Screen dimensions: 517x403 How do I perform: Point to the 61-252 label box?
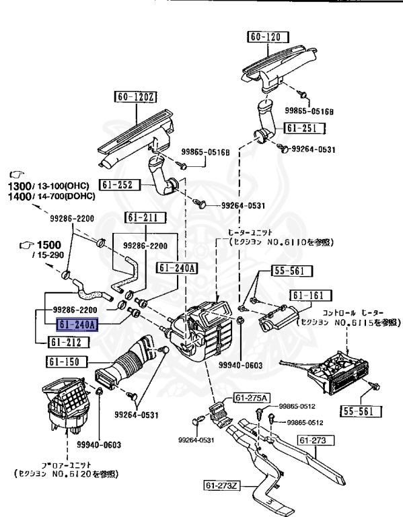click(120, 184)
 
